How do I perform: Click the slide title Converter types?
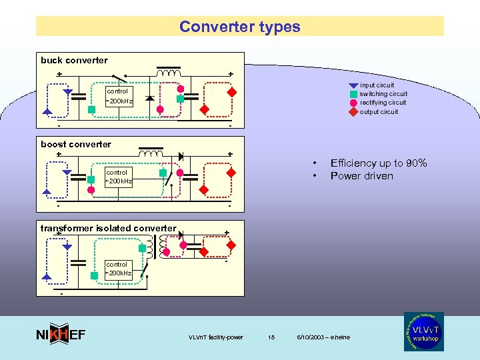click(x=240, y=27)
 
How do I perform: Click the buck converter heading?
click(x=74, y=60)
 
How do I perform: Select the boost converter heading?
click(x=76, y=144)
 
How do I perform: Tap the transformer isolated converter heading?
click(x=108, y=228)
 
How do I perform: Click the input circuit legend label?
click(x=377, y=85)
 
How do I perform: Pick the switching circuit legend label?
click(x=383, y=93)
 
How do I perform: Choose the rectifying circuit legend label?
click(x=383, y=102)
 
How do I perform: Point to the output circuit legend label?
click(x=379, y=111)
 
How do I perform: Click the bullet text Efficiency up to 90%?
click(x=379, y=163)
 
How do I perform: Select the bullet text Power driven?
click(x=361, y=176)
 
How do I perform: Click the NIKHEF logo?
click(x=60, y=335)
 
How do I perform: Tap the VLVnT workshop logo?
click(x=423, y=331)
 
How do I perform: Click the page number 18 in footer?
click(x=271, y=337)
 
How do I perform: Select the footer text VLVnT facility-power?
click(x=216, y=337)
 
